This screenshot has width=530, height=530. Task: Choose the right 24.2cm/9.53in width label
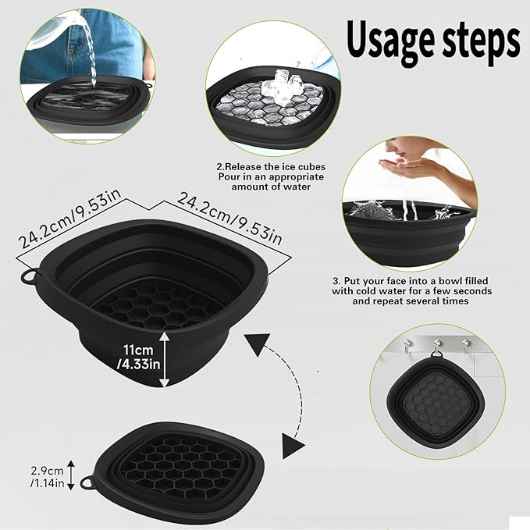click(231, 212)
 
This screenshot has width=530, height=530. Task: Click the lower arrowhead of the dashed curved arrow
click(290, 446)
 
